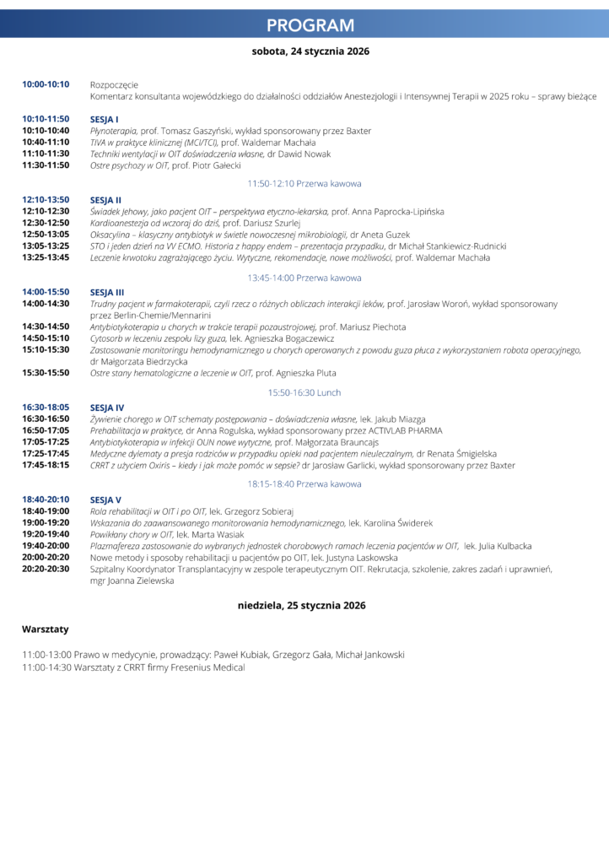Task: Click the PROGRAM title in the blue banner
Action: (x=310, y=25)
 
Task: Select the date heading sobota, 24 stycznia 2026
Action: (x=310, y=51)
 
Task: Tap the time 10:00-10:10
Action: (x=46, y=84)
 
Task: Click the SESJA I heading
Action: (x=104, y=119)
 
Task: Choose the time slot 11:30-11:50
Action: (x=46, y=165)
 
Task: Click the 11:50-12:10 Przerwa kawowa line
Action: (x=304, y=183)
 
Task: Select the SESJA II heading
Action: (x=105, y=200)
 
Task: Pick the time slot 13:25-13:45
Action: (x=46, y=257)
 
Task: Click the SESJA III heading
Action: (x=107, y=291)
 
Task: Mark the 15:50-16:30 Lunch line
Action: (x=304, y=392)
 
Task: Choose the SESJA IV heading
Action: (x=107, y=408)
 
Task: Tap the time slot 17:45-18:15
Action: (x=46, y=465)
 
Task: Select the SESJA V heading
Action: (x=105, y=499)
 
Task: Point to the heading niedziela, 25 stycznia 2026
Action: (x=301, y=605)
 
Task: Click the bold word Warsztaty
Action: (x=45, y=629)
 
